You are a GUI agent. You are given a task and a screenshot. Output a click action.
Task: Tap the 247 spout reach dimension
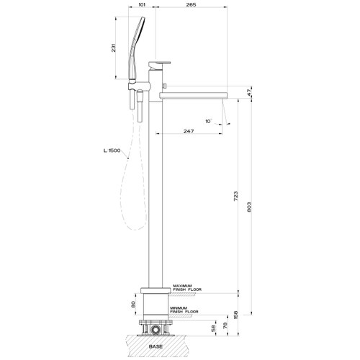pos(187,132)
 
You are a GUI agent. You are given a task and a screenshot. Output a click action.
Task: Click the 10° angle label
pos(208,122)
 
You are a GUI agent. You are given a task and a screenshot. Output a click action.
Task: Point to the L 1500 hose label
pos(112,150)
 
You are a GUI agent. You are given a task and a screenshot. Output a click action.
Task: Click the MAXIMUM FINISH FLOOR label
pos(187,288)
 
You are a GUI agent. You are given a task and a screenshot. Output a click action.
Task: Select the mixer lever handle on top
pos(160,63)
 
